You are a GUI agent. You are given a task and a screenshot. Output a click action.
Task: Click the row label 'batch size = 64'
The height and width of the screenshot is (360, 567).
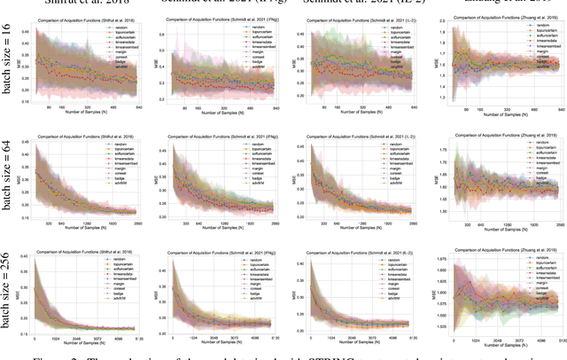10,180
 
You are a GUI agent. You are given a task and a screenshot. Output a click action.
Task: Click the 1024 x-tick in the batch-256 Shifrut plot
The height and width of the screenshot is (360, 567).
62,339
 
